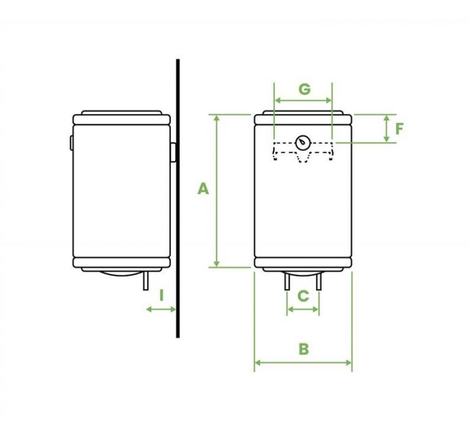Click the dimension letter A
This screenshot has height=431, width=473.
[x=203, y=188]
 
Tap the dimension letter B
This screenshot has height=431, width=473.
[x=303, y=349]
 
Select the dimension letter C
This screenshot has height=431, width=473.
[x=303, y=296]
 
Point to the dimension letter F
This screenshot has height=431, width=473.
[x=399, y=129]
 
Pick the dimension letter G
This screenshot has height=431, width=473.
[x=304, y=89]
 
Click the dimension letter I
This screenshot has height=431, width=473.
[x=161, y=295]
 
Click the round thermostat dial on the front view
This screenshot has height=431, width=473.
[x=303, y=143]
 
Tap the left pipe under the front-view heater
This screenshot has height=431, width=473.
[x=287, y=281]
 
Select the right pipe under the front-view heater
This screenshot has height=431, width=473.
[x=318, y=281]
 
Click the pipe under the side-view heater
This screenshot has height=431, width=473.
[x=146, y=281]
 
